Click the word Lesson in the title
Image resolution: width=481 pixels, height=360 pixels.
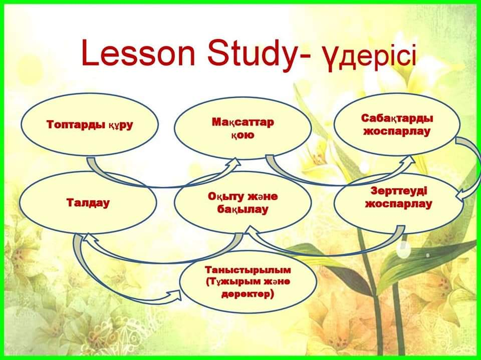tap(138, 54)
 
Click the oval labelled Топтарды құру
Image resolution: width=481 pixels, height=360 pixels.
tap(90, 125)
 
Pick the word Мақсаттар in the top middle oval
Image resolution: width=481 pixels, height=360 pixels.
tap(243, 122)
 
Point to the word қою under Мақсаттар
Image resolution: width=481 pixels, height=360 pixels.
tap(243, 135)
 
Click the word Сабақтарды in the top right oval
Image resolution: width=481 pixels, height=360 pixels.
tap(397, 118)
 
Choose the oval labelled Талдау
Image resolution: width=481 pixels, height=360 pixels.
tap(88, 203)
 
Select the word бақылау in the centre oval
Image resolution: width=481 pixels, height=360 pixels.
tap(243, 209)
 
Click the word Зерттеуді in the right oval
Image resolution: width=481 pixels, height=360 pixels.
tap(399, 191)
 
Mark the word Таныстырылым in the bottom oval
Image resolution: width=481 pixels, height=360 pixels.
tap(248, 270)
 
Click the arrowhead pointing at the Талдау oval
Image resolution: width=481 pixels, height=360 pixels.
tap(89, 238)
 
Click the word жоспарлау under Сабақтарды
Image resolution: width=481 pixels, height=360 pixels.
tap(397, 132)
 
